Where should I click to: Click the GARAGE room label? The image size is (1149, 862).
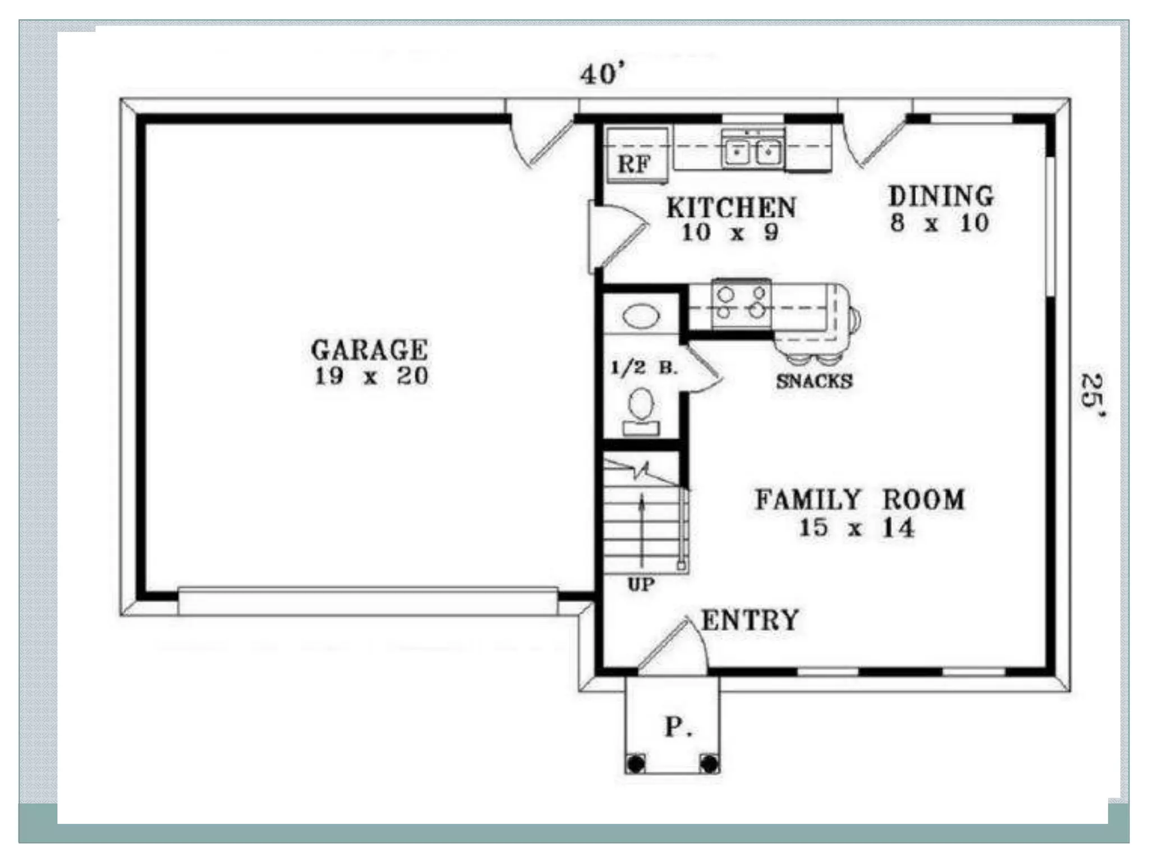(x=369, y=350)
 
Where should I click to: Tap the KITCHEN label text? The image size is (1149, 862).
(x=731, y=208)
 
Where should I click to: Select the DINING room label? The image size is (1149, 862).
(x=941, y=196)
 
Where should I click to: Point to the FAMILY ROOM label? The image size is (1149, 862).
(x=860, y=500)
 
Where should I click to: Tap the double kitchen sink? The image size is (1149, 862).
(x=752, y=150)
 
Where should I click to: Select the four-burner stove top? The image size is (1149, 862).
(x=741, y=303)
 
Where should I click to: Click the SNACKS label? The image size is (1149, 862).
(x=814, y=382)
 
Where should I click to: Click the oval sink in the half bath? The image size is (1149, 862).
(x=641, y=317)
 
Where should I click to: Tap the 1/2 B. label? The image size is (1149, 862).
(x=644, y=368)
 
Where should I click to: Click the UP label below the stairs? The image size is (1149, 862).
(x=641, y=585)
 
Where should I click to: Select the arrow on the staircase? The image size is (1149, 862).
(x=642, y=528)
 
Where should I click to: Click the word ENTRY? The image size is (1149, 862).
(x=750, y=620)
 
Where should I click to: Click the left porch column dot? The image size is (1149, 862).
(x=636, y=764)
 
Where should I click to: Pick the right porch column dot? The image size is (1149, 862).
(x=709, y=764)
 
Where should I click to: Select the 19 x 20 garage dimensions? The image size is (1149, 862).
(x=371, y=376)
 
